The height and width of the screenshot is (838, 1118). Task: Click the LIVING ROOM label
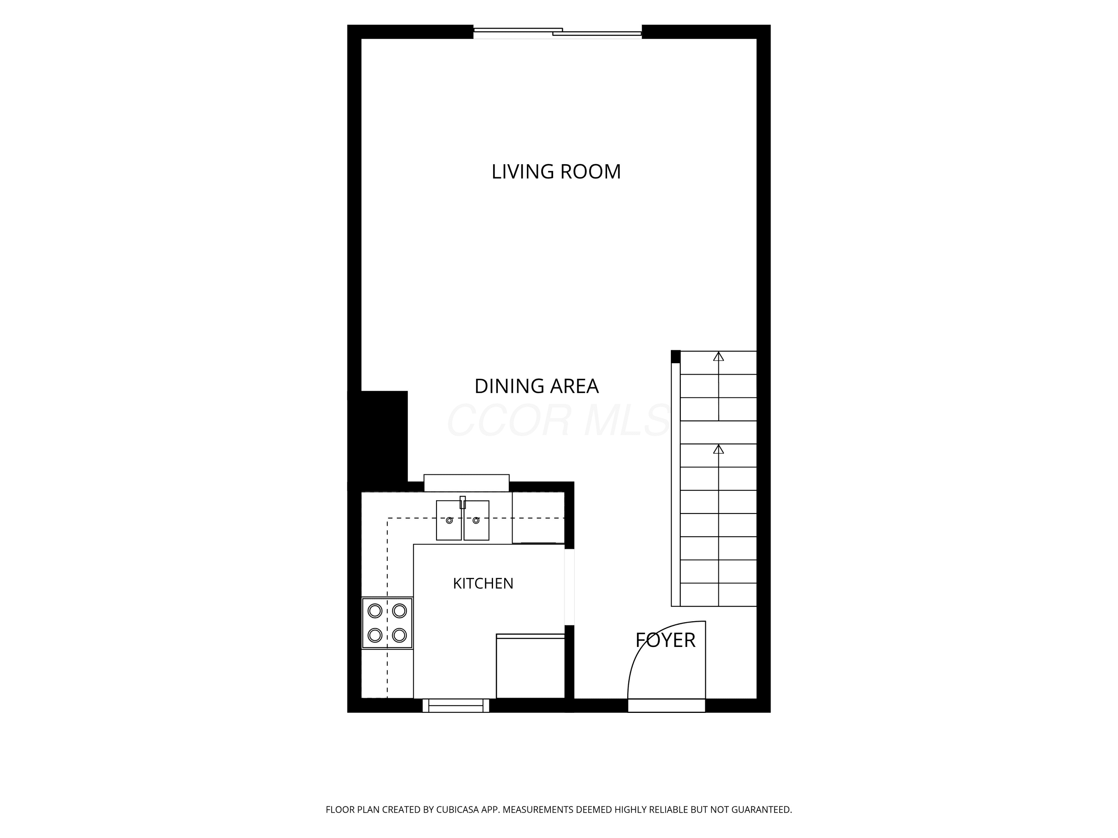[x=556, y=172]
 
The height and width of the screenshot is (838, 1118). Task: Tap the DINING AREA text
[x=536, y=387]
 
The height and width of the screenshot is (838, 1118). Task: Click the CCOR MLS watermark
[x=559, y=420]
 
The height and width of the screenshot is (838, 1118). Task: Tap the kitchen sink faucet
[x=462, y=502]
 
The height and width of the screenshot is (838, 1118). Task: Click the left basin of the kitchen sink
[x=449, y=520]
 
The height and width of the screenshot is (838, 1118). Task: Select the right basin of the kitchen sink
[x=476, y=520]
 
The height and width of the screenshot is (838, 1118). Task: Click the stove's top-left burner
[x=375, y=611]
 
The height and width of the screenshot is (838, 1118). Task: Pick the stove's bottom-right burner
[x=399, y=635]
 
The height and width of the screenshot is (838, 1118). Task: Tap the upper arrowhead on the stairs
[x=718, y=357]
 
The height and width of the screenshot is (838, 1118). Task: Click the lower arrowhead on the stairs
[x=718, y=449]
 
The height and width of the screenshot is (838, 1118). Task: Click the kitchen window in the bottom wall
[x=456, y=706]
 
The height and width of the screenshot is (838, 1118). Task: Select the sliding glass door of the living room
[x=558, y=33]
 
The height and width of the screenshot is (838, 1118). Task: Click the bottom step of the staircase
[x=718, y=595]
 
